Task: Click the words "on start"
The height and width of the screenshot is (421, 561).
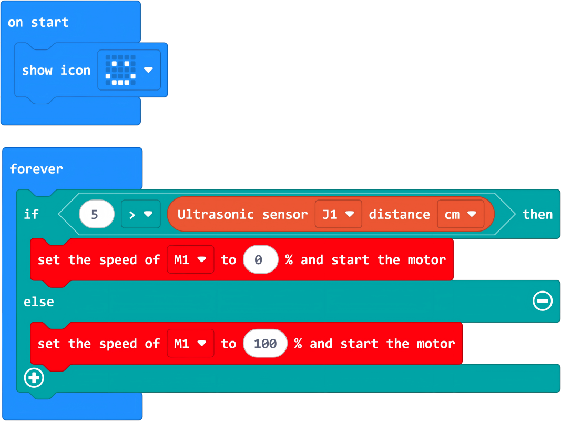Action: (x=38, y=23)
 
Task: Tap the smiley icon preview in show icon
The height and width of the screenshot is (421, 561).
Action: (x=120, y=70)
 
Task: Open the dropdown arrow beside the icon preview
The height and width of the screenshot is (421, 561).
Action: (x=148, y=70)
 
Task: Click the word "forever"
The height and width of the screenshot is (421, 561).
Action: (x=36, y=169)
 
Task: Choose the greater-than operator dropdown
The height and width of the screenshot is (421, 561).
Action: (x=140, y=214)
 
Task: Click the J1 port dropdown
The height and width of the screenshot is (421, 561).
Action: (x=338, y=214)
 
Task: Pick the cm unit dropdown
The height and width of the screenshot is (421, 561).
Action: (x=460, y=214)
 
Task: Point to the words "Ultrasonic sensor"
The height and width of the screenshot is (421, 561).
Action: (x=242, y=214)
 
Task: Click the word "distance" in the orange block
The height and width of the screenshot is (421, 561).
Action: (x=399, y=214)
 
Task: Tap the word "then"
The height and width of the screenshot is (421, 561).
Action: (x=537, y=214)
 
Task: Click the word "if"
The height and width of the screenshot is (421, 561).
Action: (x=31, y=214)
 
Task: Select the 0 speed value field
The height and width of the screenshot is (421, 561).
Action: (x=260, y=259)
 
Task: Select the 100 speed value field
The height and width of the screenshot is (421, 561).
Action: (x=265, y=344)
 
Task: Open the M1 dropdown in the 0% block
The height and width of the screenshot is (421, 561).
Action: (x=190, y=259)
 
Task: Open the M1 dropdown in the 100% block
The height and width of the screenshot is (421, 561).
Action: (x=190, y=344)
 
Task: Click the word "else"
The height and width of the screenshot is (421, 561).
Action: (x=38, y=302)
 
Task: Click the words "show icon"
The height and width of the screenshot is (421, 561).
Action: (x=56, y=71)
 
